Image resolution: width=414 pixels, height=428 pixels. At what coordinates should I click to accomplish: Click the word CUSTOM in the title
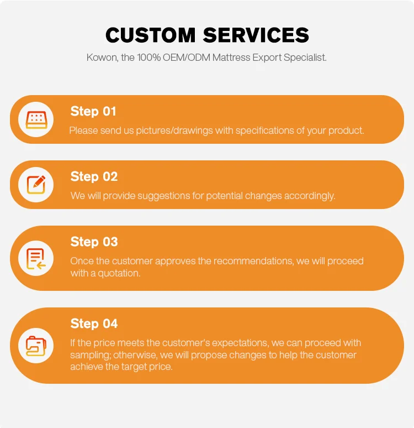pyautogui.click(x=151, y=35)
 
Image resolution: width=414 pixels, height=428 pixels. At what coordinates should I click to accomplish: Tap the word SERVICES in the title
pyautogui.click(x=256, y=35)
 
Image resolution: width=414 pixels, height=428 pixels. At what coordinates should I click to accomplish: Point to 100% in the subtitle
pyautogui.click(x=149, y=58)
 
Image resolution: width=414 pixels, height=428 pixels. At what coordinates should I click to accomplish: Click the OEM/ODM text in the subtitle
pyautogui.click(x=187, y=58)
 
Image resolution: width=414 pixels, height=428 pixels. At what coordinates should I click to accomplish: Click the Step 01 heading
pyautogui.click(x=93, y=111)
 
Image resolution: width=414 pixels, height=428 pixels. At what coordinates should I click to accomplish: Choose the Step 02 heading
pyautogui.click(x=94, y=176)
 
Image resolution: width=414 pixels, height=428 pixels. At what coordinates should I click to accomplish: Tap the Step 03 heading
pyautogui.click(x=94, y=242)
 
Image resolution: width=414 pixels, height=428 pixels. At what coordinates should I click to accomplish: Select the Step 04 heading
pyautogui.click(x=94, y=323)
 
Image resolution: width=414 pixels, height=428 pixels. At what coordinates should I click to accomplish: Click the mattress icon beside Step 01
pyautogui.click(x=36, y=119)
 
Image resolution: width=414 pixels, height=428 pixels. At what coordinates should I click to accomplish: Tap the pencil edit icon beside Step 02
pyautogui.click(x=36, y=185)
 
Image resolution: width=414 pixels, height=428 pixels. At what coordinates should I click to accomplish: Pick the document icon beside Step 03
pyautogui.click(x=36, y=258)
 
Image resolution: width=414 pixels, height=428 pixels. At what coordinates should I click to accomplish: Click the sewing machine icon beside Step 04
pyautogui.click(x=36, y=346)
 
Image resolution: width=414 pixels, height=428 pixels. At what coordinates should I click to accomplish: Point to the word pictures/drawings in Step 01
pyautogui.click(x=174, y=131)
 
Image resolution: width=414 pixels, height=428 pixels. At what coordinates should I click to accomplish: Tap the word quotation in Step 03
pyautogui.click(x=119, y=273)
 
